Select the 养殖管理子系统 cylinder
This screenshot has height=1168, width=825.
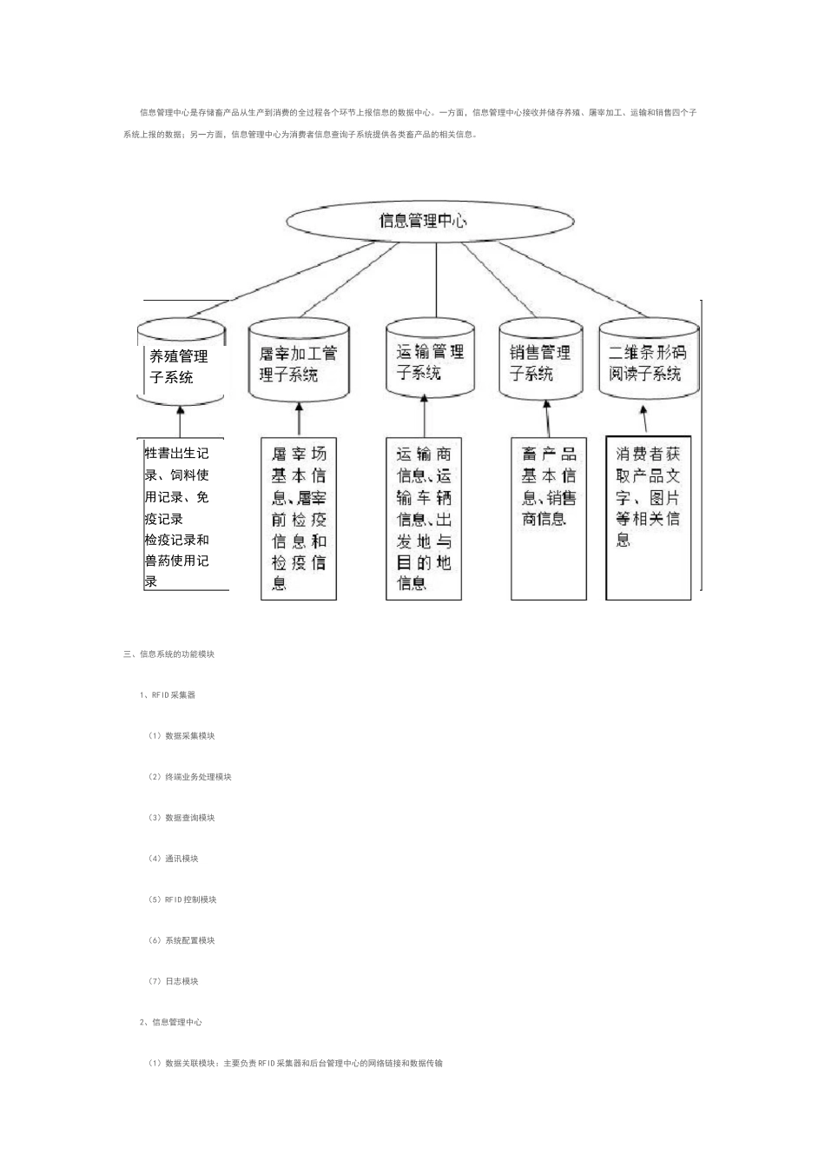click(x=181, y=365)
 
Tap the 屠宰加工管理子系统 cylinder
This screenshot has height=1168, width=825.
click(x=299, y=363)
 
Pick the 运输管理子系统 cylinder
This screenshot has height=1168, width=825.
click(x=431, y=362)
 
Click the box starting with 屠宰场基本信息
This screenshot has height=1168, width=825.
click(x=299, y=518)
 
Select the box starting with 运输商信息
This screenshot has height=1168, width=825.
click(x=424, y=518)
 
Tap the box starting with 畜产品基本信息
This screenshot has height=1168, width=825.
click(x=549, y=518)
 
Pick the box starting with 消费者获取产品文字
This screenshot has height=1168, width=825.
click(x=648, y=518)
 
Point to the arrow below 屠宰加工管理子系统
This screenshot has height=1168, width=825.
click(x=299, y=419)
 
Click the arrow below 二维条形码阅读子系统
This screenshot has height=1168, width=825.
click(x=643, y=419)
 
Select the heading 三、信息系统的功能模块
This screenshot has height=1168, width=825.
click(x=169, y=654)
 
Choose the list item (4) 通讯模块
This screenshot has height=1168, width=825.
click(x=174, y=859)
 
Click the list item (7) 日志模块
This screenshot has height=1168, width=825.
click(x=174, y=981)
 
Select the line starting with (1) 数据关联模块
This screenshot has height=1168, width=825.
click(x=295, y=1063)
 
